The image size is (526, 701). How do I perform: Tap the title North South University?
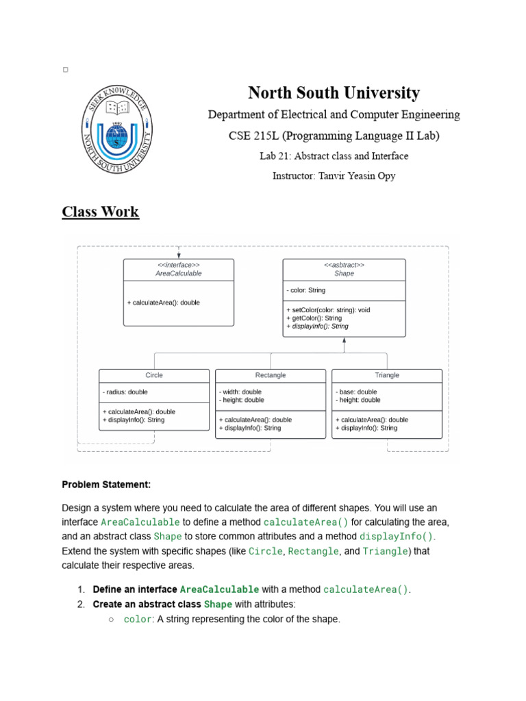pos(334,92)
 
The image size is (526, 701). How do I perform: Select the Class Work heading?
pos(101,212)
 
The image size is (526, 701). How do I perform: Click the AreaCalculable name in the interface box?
pos(179,273)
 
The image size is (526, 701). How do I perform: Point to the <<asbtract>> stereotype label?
pos(344,265)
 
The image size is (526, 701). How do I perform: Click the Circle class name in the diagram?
pos(154,375)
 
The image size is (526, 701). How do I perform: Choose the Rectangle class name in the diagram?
pos(271,375)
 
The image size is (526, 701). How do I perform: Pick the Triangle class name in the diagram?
pos(387,375)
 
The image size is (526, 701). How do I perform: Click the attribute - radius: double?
pos(125,392)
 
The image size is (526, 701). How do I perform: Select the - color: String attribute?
pos(306,290)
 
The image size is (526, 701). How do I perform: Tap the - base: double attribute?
pos(357,392)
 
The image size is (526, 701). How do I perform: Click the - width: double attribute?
pos(240,392)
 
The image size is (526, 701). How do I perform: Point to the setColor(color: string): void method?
pos(329,310)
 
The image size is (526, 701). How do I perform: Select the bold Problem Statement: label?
pos(106,485)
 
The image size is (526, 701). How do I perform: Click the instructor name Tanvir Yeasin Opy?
pos(334,176)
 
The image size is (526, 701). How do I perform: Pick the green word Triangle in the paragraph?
pos(386,551)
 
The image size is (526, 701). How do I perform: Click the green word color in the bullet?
pos(137,620)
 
